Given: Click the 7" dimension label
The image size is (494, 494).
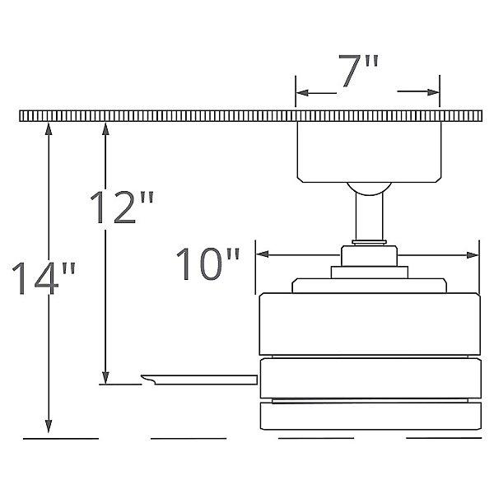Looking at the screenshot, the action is click(358, 71).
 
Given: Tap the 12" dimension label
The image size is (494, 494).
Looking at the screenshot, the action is click(122, 207).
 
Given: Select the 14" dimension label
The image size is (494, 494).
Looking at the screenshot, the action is click(44, 278).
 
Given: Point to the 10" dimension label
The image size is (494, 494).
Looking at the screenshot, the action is click(208, 264).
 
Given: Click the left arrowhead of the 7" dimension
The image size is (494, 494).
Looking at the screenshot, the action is click(302, 93).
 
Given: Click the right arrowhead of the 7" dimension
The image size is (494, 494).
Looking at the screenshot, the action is click(433, 92).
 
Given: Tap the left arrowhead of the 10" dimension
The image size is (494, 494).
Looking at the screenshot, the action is click(262, 254).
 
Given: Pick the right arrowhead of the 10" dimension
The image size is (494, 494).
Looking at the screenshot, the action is click(473, 255).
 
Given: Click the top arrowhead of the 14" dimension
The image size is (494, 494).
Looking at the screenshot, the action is click(49, 129).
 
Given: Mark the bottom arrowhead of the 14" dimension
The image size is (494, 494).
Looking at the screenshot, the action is click(49, 426).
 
